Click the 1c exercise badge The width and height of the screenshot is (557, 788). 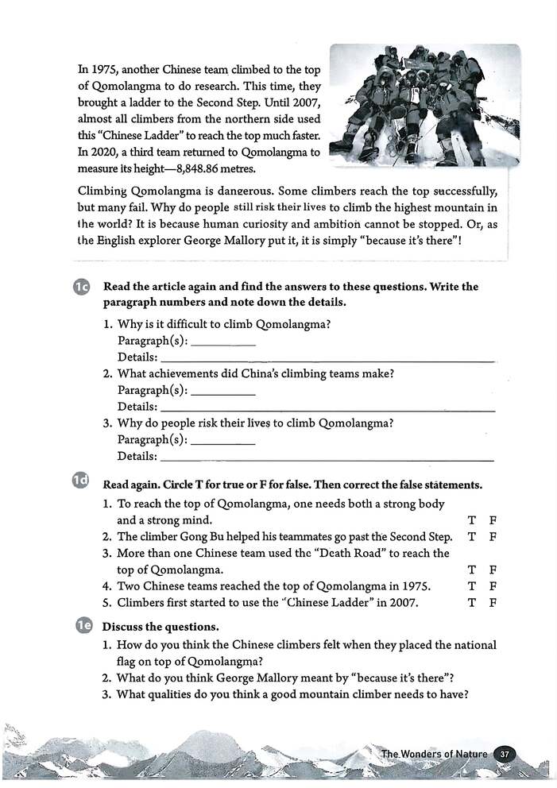pos(83,288)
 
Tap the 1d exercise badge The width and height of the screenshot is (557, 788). pos(82,481)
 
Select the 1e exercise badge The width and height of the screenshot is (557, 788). pos(83,626)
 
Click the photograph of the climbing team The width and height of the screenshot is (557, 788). pos(424,105)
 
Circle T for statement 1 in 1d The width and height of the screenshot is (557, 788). pos(472,520)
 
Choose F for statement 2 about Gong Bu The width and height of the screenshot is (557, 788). pos(493,536)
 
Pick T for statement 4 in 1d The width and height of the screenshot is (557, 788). pos(472,586)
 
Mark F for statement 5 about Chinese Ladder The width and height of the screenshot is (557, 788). pos(493,602)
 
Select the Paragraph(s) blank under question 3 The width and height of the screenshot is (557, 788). pos(223,440)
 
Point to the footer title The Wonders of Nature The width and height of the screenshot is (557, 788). pos(434,753)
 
